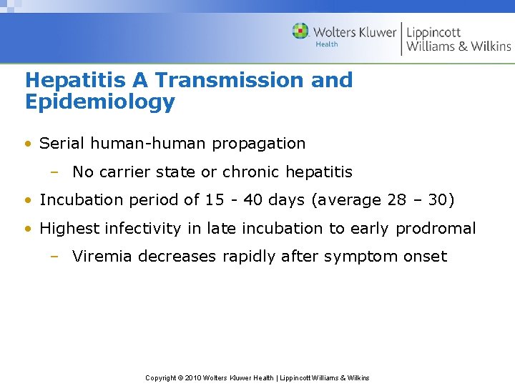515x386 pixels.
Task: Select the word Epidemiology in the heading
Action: tap(99, 102)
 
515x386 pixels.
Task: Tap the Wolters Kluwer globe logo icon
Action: tap(300, 31)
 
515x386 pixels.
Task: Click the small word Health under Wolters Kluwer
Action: tap(327, 44)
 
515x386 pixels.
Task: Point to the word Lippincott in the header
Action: tap(433, 32)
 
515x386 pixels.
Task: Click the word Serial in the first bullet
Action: tap(59, 143)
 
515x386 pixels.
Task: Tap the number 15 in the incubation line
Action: tap(215, 199)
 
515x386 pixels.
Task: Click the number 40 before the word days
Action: tap(253, 199)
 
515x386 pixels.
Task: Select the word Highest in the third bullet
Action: tap(69, 228)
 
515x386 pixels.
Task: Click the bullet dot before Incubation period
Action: tap(28, 200)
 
